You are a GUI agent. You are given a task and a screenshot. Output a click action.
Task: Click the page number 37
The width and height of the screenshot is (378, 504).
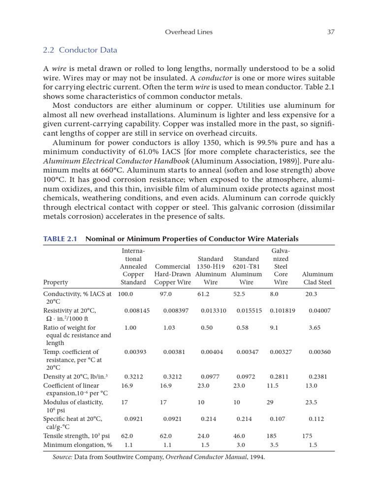click(331, 32)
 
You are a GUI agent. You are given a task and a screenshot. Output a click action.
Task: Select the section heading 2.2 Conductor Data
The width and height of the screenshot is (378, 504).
click(80, 50)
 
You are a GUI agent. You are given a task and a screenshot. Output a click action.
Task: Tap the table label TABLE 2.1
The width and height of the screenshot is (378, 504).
click(61, 239)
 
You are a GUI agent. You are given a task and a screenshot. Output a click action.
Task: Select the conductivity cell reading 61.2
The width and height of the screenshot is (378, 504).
click(204, 294)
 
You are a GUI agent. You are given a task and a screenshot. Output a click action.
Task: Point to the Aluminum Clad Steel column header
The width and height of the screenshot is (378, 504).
click(317, 278)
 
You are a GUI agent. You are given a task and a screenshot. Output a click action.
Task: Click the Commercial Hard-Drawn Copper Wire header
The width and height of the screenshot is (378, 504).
click(172, 274)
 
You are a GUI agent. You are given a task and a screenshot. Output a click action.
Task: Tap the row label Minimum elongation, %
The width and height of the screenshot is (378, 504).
click(78, 445)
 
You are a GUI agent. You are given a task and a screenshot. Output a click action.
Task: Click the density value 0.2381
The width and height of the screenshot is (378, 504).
click(318, 377)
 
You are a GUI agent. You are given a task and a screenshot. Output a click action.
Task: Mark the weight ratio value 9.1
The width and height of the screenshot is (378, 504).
click(274, 327)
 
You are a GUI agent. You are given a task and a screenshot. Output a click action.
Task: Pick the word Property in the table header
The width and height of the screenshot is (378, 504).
click(56, 283)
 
